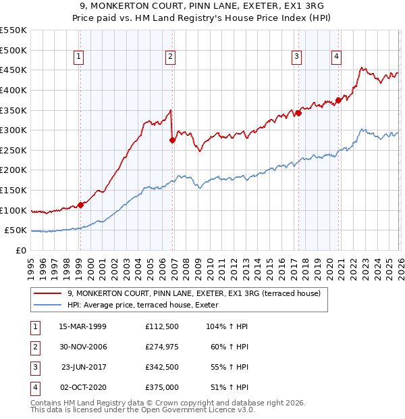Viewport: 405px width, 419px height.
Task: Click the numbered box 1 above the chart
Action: [x=80, y=57]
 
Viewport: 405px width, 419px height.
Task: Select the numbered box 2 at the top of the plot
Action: [x=170, y=57]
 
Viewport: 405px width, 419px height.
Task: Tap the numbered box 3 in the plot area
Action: [x=296, y=57]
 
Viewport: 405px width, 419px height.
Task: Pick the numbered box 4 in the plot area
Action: [x=335, y=57]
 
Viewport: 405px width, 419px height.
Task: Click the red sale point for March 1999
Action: [x=80, y=205]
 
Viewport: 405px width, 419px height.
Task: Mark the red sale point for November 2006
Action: [x=172, y=141]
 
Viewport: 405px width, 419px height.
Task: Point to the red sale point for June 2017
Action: [x=298, y=113]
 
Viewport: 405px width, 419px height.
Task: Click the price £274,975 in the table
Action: [x=162, y=347]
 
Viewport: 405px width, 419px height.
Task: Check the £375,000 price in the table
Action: [x=162, y=387]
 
